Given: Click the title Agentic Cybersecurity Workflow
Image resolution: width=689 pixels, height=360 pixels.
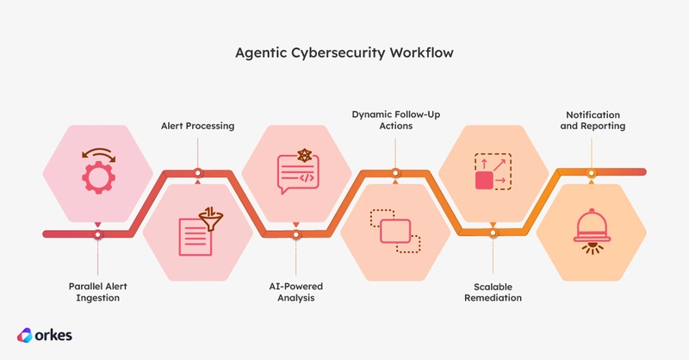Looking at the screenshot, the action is pyautogui.click(x=344, y=53).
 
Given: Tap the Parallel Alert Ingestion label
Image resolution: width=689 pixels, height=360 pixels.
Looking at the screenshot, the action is pyautogui.click(x=97, y=292).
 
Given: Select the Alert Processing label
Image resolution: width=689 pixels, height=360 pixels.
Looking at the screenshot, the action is pyautogui.click(x=198, y=126).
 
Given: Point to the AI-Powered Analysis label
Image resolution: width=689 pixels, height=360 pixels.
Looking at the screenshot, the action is pyautogui.click(x=295, y=292).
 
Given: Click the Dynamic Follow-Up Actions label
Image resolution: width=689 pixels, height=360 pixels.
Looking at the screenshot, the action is pyautogui.click(x=395, y=120).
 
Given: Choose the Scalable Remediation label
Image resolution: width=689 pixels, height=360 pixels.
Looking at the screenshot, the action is pyautogui.click(x=493, y=292).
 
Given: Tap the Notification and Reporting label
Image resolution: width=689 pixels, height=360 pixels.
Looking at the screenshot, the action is pyautogui.click(x=593, y=121).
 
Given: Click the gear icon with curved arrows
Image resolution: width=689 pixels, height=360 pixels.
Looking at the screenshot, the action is pyautogui.click(x=98, y=171).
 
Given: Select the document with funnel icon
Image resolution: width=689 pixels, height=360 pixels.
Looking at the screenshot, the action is pyautogui.click(x=201, y=231).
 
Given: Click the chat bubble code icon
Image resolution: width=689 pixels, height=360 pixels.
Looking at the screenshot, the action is pyautogui.click(x=298, y=171).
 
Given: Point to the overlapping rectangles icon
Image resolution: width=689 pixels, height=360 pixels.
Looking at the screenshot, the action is pyautogui.click(x=395, y=231).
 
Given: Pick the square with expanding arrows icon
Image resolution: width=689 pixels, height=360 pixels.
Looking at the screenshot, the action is pyautogui.click(x=493, y=171).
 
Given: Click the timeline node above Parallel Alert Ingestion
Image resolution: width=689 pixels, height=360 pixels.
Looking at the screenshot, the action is pyautogui.click(x=97, y=235).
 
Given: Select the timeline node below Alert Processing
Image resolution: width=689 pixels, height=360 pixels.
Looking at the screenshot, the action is pyautogui.click(x=198, y=173).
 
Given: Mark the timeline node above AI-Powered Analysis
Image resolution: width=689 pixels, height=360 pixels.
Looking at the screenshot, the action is pyautogui.click(x=295, y=235).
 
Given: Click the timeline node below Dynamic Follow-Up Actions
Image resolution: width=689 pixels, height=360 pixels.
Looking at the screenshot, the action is pyautogui.click(x=395, y=173).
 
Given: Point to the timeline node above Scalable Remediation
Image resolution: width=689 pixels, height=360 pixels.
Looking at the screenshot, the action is pyautogui.click(x=493, y=233).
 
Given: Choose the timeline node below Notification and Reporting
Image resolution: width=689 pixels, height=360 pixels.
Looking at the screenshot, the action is pyautogui.click(x=592, y=173).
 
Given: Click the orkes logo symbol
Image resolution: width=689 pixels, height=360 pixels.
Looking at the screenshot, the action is pyautogui.click(x=25, y=335).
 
